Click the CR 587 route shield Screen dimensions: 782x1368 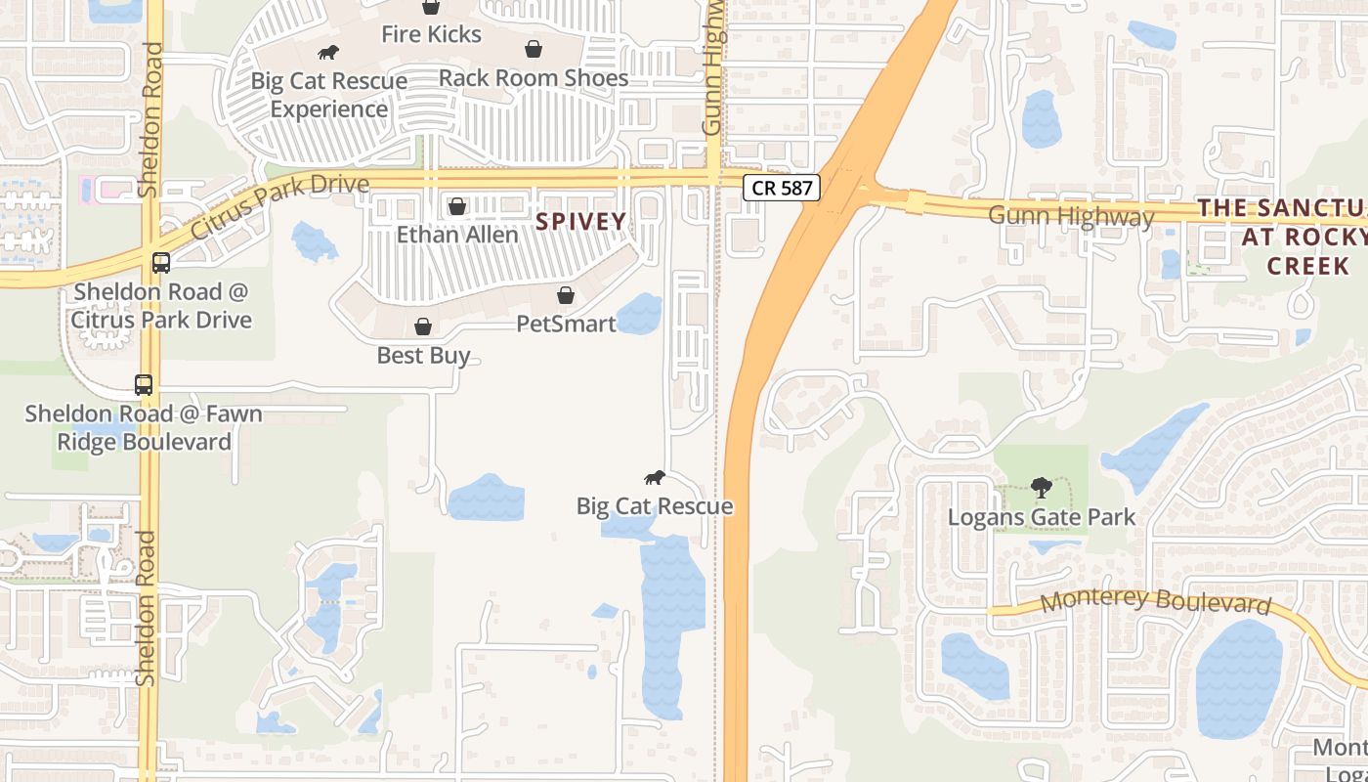pyautogui.click(x=782, y=188)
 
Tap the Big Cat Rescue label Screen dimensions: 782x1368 pyautogui.click(x=654, y=505)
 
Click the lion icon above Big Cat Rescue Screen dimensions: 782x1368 pyautogui.click(x=655, y=478)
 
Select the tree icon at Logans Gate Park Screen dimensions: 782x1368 pyautogui.click(x=1042, y=487)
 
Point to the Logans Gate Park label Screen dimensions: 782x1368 pyautogui.click(x=1042, y=517)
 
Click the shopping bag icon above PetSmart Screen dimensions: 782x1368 pyautogui.click(x=566, y=295)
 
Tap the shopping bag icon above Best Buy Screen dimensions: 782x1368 pyautogui.click(x=423, y=326)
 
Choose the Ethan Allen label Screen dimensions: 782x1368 pyautogui.click(x=456, y=235)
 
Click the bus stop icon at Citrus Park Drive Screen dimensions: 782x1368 pyautogui.click(x=161, y=263)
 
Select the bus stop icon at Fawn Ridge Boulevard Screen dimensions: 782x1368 pyautogui.click(x=144, y=385)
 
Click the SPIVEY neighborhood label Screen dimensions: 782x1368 pyautogui.click(x=580, y=222)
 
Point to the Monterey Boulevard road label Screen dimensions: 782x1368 pyautogui.click(x=1154, y=600)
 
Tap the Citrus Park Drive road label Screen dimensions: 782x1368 pyautogui.click(x=280, y=206)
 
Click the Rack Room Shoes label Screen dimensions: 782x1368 pyautogui.click(x=533, y=77)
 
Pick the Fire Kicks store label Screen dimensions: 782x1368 pyautogui.click(x=431, y=34)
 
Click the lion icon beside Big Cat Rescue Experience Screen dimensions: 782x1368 pyautogui.click(x=328, y=53)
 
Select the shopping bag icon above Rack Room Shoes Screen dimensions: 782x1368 pyautogui.click(x=534, y=49)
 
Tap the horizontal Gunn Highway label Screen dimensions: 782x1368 pyautogui.click(x=1071, y=215)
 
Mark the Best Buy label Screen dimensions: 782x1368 pyautogui.click(x=423, y=355)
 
